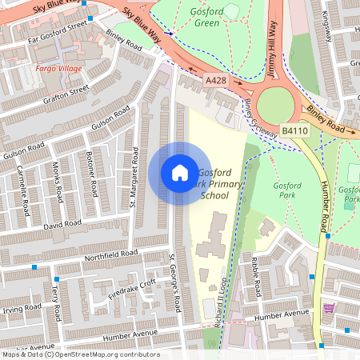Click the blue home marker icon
point(180,173)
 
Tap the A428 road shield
point(215,80)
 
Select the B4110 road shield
point(294,130)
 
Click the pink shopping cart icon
point(328,307)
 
